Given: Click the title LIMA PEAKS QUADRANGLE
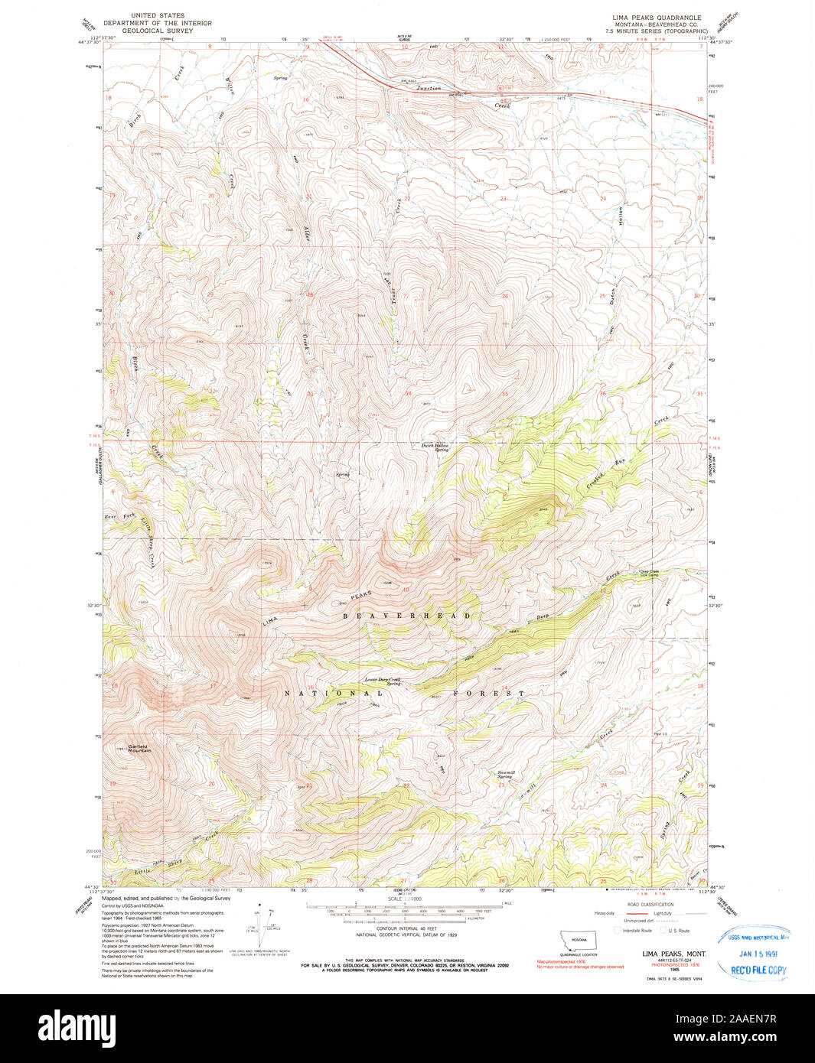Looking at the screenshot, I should pyautogui.click(x=656, y=16).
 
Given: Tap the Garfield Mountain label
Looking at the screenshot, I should pyautogui.click(x=139, y=748).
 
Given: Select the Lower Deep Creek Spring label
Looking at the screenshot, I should pyautogui.click(x=383, y=681).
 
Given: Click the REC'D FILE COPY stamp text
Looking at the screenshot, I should pyautogui.click(x=758, y=970).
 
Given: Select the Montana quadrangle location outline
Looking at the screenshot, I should pyautogui.click(x=579, y=940).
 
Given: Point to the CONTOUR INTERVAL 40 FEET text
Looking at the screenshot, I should pyautogui.click(x=406, y=928).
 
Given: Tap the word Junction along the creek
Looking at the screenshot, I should pyautogui.click(x=429, y=89).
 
